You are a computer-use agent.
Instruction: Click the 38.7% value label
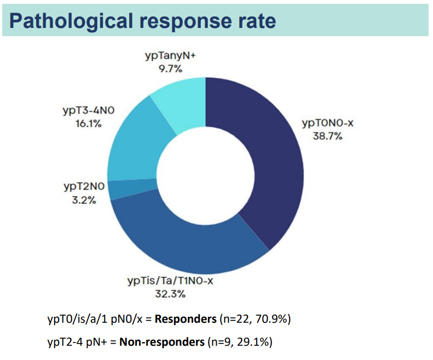[x=327, y=136]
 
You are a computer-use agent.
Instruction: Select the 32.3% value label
[x=170, y=294]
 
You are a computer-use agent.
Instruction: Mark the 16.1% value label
[x=88, y=123]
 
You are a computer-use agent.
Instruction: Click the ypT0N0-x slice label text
[x=327, y=123]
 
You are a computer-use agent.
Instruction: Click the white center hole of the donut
[x=205, y=176]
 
